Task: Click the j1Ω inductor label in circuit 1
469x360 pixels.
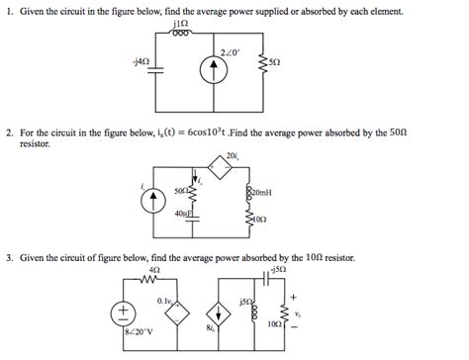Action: pyautogui.click(x=182, y=21)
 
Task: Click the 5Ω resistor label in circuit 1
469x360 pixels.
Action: pyautogui.click(x=273, y=61)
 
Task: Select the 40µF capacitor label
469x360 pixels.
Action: pyautogui.click(x=182, y=213)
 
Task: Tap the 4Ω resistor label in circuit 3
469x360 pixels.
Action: pyautogui.click(x=153, y=270)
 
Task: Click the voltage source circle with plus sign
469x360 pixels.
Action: pyautogui.click(x=125, y=313)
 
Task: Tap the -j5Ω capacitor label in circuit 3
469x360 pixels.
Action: pyautogui.click(x=280, y=269)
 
